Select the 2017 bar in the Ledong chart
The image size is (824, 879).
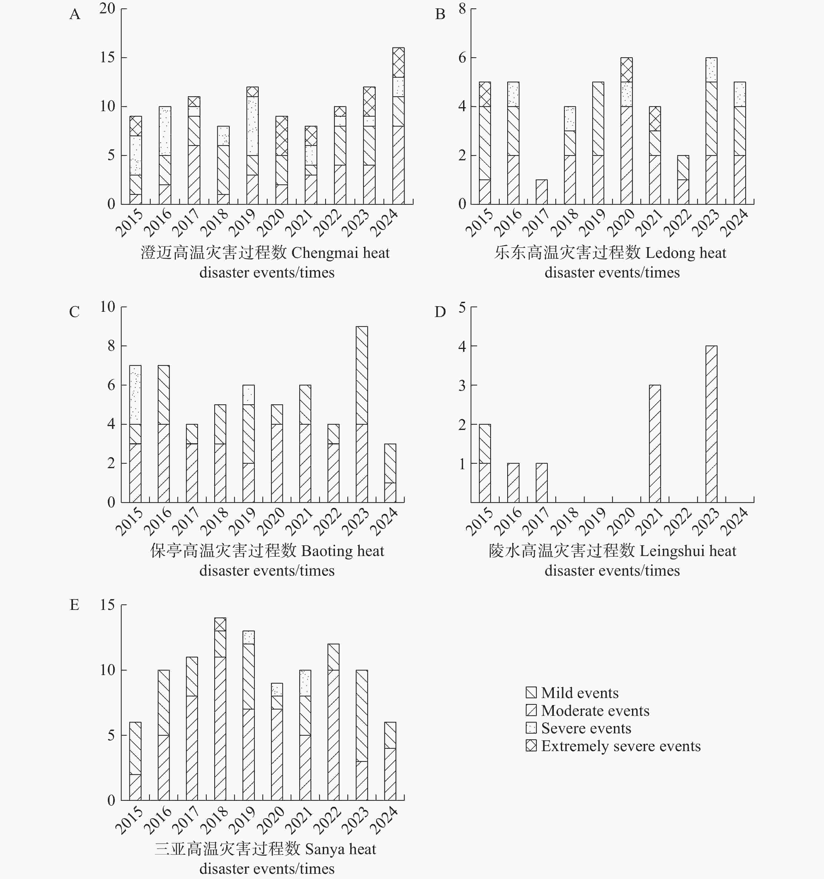click(541, 192)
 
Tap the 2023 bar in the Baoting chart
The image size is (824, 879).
click(362, 414)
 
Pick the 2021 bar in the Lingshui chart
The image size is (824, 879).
click(655, 444)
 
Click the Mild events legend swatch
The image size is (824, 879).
click(531, 693)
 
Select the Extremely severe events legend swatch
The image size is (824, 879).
click(531, 745)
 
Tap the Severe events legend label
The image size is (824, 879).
click(586, 728)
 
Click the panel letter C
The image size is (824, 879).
click(74, 312)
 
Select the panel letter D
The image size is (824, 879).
click(440, 312)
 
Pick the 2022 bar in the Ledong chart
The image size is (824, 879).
click(683, 179)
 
